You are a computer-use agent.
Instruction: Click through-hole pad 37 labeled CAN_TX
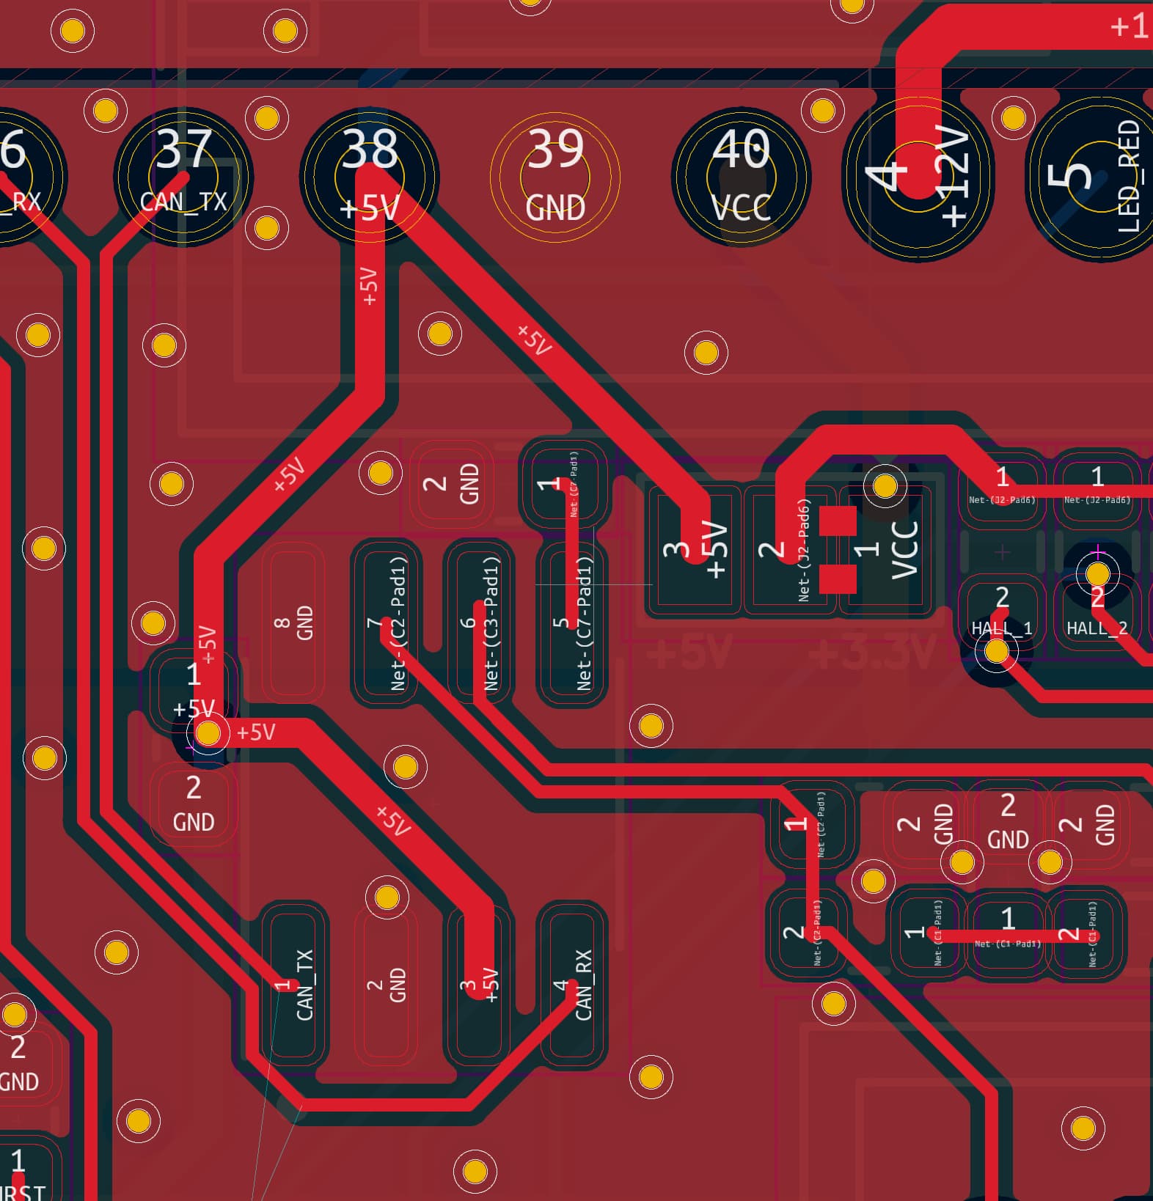point(183,177)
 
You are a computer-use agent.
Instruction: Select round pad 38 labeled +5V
point(370,177)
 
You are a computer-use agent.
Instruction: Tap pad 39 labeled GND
point(555,177)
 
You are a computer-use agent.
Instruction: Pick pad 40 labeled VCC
point(741,177)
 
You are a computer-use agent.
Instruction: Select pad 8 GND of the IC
point(293,622)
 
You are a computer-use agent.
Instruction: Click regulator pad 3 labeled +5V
point(694,549)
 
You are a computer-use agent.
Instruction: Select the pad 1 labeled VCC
point(887,549)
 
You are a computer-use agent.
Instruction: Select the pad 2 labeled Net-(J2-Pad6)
point(789,549)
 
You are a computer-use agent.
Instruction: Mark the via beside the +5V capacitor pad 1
point(208,732)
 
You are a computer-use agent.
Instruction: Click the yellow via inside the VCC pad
point(885,485)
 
